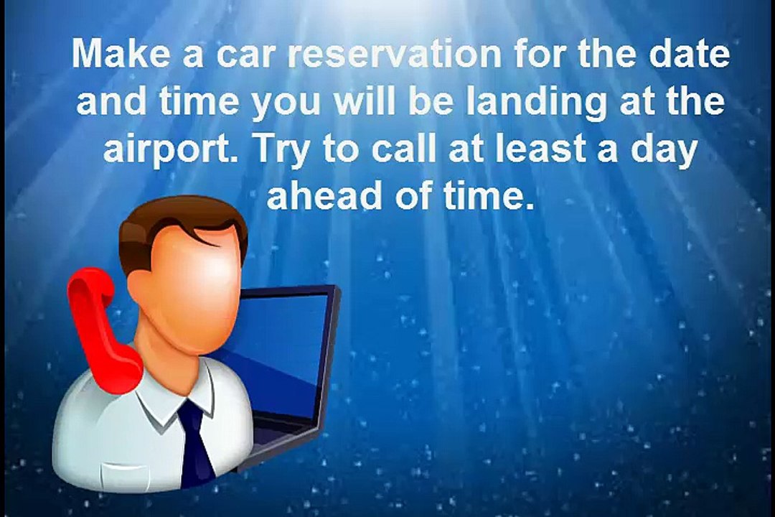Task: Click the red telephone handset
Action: [x=100, y=330]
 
